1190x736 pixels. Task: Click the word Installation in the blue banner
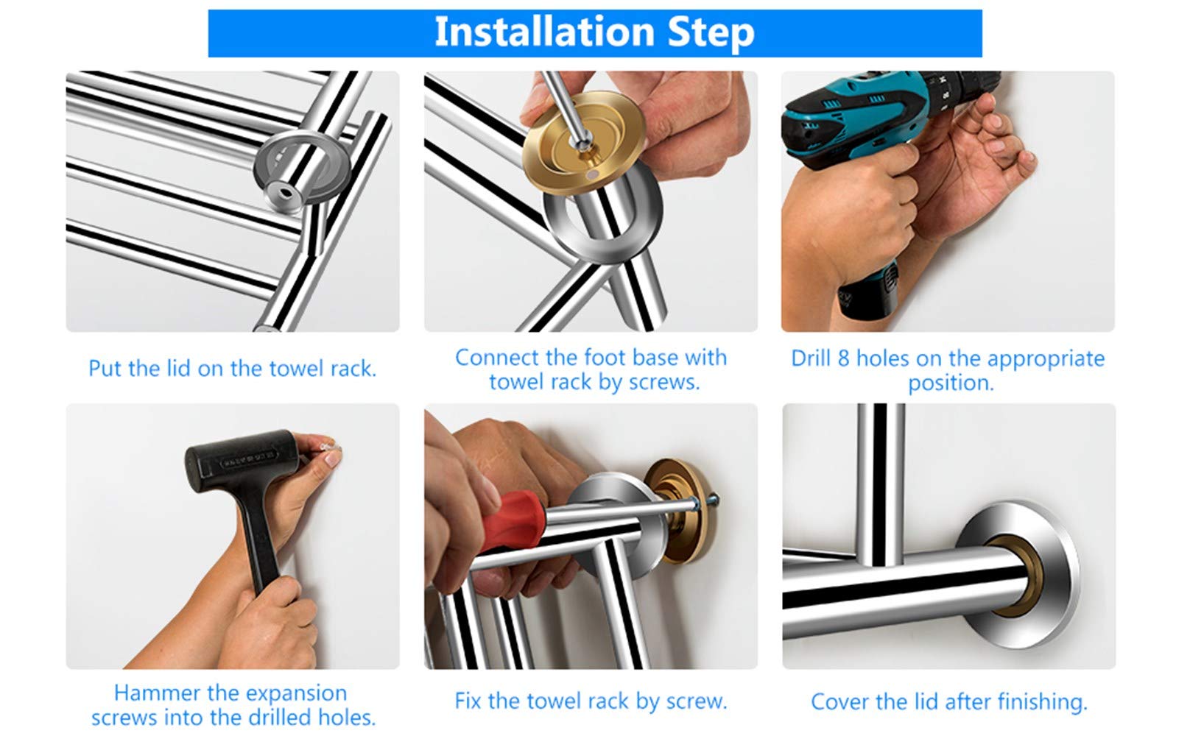[544, 32]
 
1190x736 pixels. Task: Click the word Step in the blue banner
[711, 33]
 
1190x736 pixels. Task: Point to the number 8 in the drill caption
[843, 359]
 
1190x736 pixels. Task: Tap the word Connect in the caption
[496, 358]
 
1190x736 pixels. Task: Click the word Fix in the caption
[468, 701]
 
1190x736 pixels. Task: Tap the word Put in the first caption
[105, 369]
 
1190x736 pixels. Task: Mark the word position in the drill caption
[951, 383]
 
